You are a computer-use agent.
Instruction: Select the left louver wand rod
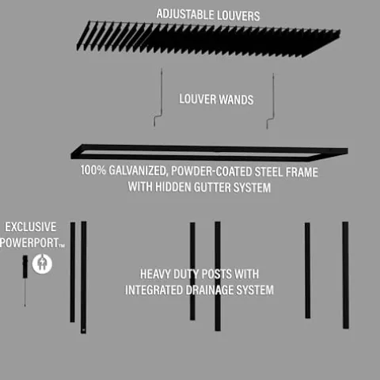[x=161, y=98]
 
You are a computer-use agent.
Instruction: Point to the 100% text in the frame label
[x=93, y=170]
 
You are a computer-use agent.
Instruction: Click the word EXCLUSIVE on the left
[x=29, y=226]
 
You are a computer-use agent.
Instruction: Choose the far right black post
[x=345, y=275]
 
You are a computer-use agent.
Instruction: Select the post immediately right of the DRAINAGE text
[x=307, y=272]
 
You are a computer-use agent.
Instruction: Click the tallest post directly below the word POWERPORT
[x=83, y=277]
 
